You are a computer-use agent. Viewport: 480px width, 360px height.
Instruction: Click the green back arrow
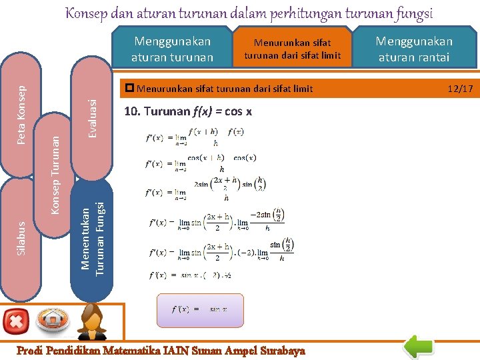point(421,347)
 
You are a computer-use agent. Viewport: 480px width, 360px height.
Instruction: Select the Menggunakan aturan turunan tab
point(172,49)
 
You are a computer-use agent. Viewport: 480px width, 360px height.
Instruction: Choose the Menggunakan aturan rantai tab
point(414,49)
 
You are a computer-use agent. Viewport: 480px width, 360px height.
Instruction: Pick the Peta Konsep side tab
point(21,115)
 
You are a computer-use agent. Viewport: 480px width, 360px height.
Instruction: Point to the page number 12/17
point(461,88)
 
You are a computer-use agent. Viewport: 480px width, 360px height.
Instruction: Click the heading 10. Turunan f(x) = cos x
point(188,111)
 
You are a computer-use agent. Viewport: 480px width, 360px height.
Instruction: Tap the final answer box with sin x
point(200,309)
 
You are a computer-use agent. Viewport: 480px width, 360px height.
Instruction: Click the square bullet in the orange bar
point(129,88)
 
